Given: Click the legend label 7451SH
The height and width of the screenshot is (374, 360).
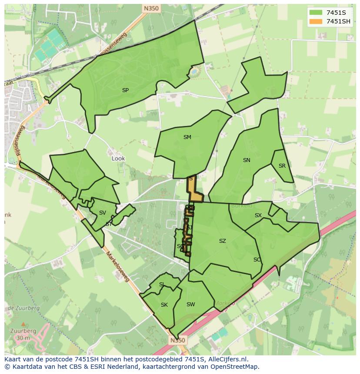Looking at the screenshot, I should (338, 21).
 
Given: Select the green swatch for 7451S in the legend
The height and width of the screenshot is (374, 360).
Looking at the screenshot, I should (316, 13).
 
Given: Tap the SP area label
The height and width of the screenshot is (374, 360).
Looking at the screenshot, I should (125, 90).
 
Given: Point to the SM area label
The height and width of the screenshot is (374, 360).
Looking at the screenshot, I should (187, 137).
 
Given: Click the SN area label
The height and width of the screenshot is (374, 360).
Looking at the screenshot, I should (247, 160).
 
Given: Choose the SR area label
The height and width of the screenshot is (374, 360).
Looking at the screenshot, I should (282, 166).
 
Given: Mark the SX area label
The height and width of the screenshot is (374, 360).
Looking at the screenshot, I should (258, 215).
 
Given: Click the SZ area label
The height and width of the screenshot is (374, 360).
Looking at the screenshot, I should (222, 241).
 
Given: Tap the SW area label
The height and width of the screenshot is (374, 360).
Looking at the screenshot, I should (190, 304).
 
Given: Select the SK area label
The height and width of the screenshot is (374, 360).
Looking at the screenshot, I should (164, 305).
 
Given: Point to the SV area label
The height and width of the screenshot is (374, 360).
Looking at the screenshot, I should (102, 213).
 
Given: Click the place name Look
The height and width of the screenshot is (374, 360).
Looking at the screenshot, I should (118, 159).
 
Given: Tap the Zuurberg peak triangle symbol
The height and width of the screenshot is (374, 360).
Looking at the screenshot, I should (23, 324).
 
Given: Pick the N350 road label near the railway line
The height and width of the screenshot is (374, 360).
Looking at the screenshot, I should (150, 8).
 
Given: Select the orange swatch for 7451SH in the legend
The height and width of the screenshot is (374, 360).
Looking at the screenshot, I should (316, 21).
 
